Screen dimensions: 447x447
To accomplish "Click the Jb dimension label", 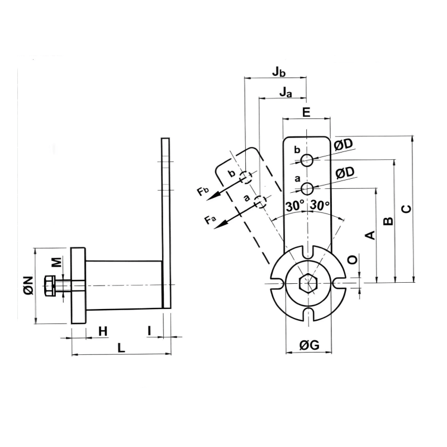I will tap(279, 72).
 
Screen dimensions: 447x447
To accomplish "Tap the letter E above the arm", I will tap(306, 112).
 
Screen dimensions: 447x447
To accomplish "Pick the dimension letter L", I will tap(121, 348).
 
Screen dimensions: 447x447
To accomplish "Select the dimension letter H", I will tap(102, 331).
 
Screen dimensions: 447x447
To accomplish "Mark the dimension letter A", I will tap(369, 235).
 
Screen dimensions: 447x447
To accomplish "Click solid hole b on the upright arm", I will tap(306, 160).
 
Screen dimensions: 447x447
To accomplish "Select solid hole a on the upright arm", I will tap(306, 188).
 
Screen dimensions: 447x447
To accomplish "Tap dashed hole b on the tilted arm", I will tap(245, 177).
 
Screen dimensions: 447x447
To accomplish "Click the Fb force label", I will tap(203, 192).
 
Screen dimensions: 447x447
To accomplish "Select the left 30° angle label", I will tap(294, 206).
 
